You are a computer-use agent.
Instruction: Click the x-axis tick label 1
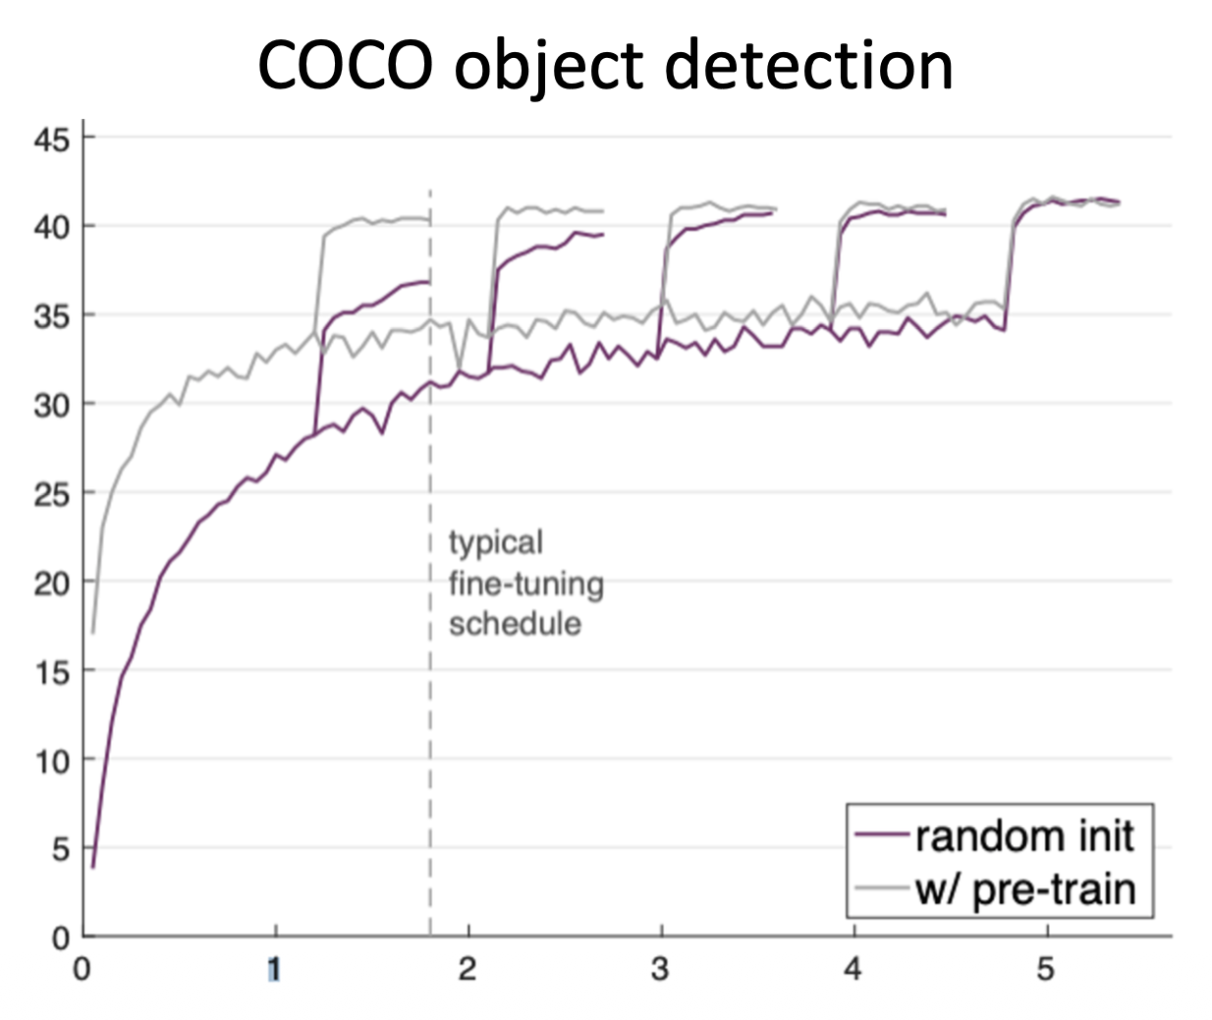click(x=274, y=970)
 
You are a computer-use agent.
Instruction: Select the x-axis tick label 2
click(x=468, y=970)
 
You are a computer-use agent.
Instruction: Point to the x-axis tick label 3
click(x=660, y=970)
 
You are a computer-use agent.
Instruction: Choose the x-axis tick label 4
click(x=853, y=970)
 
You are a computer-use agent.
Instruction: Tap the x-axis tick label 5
click(x=1045, y=970)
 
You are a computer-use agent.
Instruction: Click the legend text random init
click(x=1023, y=836)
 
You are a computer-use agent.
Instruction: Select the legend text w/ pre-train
click(x=1024, y=889)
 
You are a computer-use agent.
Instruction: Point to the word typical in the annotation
click(x=495, y=543)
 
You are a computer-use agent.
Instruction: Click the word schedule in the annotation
click(x=514, y=623)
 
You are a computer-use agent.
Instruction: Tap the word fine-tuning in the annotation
click(x=525, y=584)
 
